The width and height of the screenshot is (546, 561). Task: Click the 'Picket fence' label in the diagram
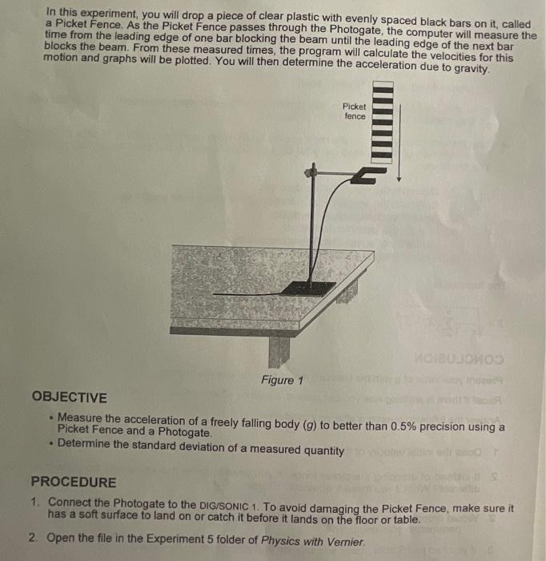(x=354, y=111)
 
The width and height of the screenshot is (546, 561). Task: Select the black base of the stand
(x=308, y=288)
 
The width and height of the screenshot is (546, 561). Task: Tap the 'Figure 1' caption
(x=282, y=380)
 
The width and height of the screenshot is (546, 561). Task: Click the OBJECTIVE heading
(x=69, y=398)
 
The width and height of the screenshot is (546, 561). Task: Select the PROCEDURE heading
(x=73, y=482)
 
